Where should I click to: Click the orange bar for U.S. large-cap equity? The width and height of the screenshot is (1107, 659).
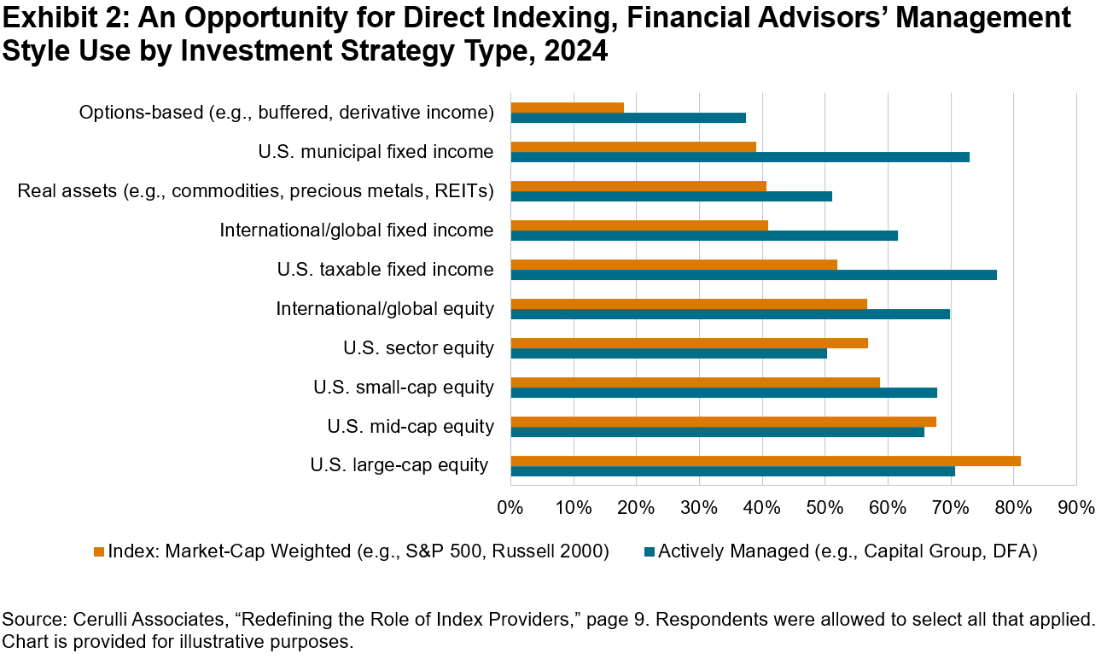(765, 461)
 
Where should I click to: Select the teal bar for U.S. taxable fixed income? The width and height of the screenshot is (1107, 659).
(753, 275)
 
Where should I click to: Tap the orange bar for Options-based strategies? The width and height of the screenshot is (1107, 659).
(567, 108)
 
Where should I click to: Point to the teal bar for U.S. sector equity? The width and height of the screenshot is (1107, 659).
(668, 353)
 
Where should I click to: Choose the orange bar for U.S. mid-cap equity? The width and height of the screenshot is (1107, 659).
(723, 422)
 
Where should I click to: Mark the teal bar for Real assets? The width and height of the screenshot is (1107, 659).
(671, 196)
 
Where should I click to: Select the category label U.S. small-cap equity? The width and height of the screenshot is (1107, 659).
(403, 388)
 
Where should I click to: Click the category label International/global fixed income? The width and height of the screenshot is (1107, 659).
(357, 230)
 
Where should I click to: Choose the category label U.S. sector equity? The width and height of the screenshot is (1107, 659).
(418, 348)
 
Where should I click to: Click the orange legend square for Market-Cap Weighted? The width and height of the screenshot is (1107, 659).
(98, 552)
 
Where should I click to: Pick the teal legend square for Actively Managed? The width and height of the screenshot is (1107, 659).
(648, 552)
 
